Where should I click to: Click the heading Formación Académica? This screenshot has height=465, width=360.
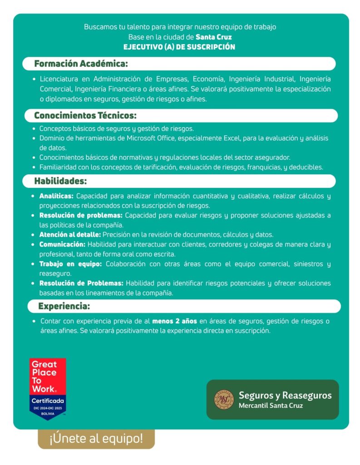click(81, 64)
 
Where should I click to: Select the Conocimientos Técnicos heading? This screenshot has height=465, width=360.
click(85, 115)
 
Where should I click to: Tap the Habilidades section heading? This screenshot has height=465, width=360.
click(60, 181)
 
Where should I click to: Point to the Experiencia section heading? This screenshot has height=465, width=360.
click(64, 306)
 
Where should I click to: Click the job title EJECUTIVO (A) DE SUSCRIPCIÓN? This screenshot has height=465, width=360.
click(179, 47)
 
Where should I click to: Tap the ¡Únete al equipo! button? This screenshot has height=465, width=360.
click(96, 439)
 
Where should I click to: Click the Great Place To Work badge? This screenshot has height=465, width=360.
click(48, 389)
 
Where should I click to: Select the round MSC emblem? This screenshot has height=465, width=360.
click(224, 399)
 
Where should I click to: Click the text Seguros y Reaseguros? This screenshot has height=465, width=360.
click(285, 395)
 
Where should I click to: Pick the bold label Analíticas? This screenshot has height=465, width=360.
click(56, 196)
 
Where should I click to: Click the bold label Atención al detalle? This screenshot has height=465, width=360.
click(70, 235)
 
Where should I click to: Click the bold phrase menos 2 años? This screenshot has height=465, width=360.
click(174, 321)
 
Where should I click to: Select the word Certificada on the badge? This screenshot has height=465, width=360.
click(48, 401)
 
